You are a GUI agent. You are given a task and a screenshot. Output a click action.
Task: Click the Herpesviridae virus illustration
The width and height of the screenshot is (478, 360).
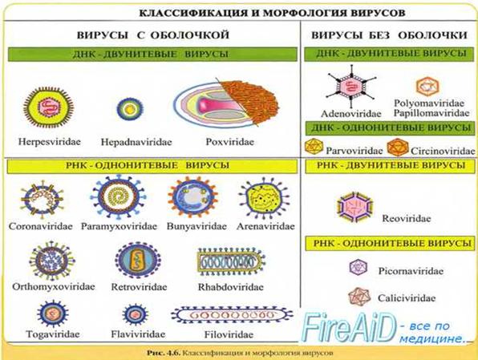[48, 107]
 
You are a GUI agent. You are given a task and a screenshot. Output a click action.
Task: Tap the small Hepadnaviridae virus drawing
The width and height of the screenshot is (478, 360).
[130, 108]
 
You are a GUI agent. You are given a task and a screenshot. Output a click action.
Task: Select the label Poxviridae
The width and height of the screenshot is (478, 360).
[230, 142]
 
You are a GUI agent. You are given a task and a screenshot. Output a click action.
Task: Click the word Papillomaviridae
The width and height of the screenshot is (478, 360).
[431, 113]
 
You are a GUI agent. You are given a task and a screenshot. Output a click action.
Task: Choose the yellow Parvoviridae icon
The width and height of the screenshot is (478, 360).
[314, 147]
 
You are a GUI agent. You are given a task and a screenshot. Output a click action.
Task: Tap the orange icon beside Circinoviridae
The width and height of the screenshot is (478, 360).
[398, 147]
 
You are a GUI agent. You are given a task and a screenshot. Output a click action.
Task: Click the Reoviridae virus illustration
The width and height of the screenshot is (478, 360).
[355, 208]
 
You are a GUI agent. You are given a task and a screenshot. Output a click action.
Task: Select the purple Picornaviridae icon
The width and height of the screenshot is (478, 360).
[358, 268]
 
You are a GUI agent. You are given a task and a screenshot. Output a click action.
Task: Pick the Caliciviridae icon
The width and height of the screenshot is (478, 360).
[359, 297]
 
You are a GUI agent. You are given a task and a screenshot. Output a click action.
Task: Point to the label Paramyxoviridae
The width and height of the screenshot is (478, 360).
[119, 226]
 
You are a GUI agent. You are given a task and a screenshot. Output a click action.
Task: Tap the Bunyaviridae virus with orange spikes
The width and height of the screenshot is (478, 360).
[192, 197]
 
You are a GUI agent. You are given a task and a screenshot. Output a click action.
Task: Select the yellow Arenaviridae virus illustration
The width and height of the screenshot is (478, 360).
[264, 198]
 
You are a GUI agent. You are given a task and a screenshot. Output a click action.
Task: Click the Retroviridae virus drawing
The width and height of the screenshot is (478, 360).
[138, 260]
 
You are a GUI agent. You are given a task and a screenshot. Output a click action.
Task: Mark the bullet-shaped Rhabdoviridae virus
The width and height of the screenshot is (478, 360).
[231, 261]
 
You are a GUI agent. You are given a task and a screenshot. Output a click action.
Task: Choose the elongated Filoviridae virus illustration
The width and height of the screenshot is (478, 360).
[232, 315]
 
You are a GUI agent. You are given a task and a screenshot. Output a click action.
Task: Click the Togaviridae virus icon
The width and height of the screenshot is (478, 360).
[53, 313]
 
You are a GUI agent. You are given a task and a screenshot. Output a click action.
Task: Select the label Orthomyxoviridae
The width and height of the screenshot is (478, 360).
[54, 287]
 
